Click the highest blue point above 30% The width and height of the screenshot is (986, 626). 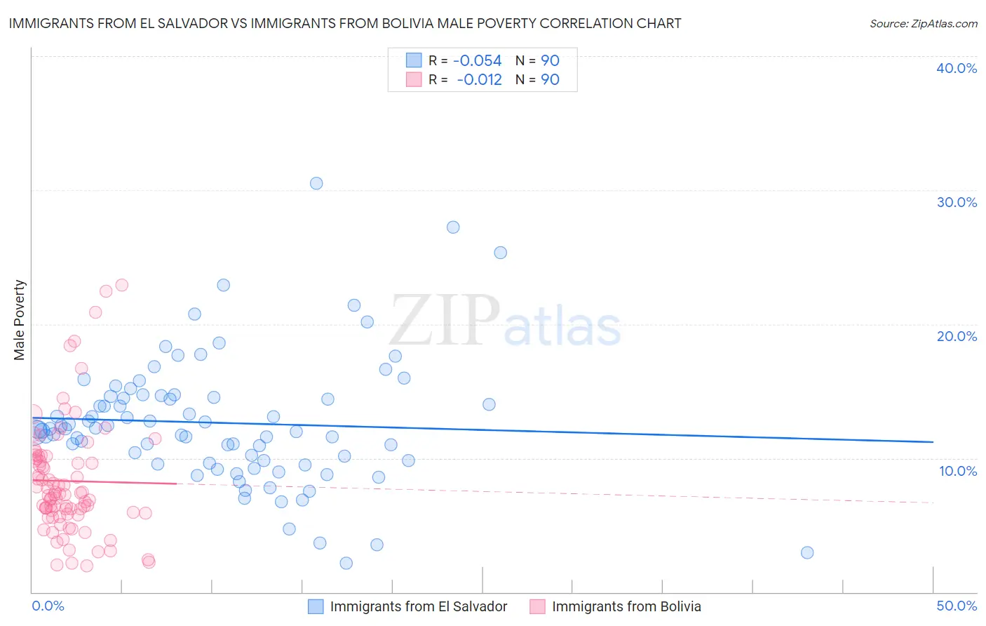pyautogui.click(x=316, y=183)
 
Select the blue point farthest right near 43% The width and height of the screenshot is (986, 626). pyautogui.click(x=807, y=552)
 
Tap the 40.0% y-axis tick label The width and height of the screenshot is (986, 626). pyautogui.click(x=957, y=68)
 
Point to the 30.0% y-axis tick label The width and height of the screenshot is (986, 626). pyautogui.click(x=957, y=202)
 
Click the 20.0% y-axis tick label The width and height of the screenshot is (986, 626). pyautogui.click(x=957, y=336)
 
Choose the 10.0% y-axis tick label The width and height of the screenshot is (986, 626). pyautogui.click(x=958, y=471)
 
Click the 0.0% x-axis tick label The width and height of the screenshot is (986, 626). pyautogui.click(x=48, y=606)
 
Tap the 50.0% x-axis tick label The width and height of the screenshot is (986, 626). pyautogui.click(x=957, y=606)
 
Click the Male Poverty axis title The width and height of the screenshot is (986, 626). pyautogui.click(x=20, y=320)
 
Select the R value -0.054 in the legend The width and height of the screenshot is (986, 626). pyautogui.click(x=477, y=61)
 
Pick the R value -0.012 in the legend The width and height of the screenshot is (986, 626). pyautogui.click(x=479, y=80)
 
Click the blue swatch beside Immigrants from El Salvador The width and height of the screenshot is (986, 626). pyautogui.click(x=316, y=606)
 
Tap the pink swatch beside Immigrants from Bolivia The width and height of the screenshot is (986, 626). pyautogui.click(x=538, y=606)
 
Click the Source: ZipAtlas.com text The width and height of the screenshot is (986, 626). pyautogui.click(x=923, y=24)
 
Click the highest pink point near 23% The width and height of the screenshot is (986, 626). pyautogui.click(x=121, y=285)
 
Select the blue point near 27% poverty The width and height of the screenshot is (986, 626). pyautogui.click(x=453, y=227)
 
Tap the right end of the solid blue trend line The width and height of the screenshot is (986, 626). pyautogui.click(x=933, y=441)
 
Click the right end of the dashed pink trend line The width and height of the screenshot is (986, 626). pyautogui.click(x=933, y=502)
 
